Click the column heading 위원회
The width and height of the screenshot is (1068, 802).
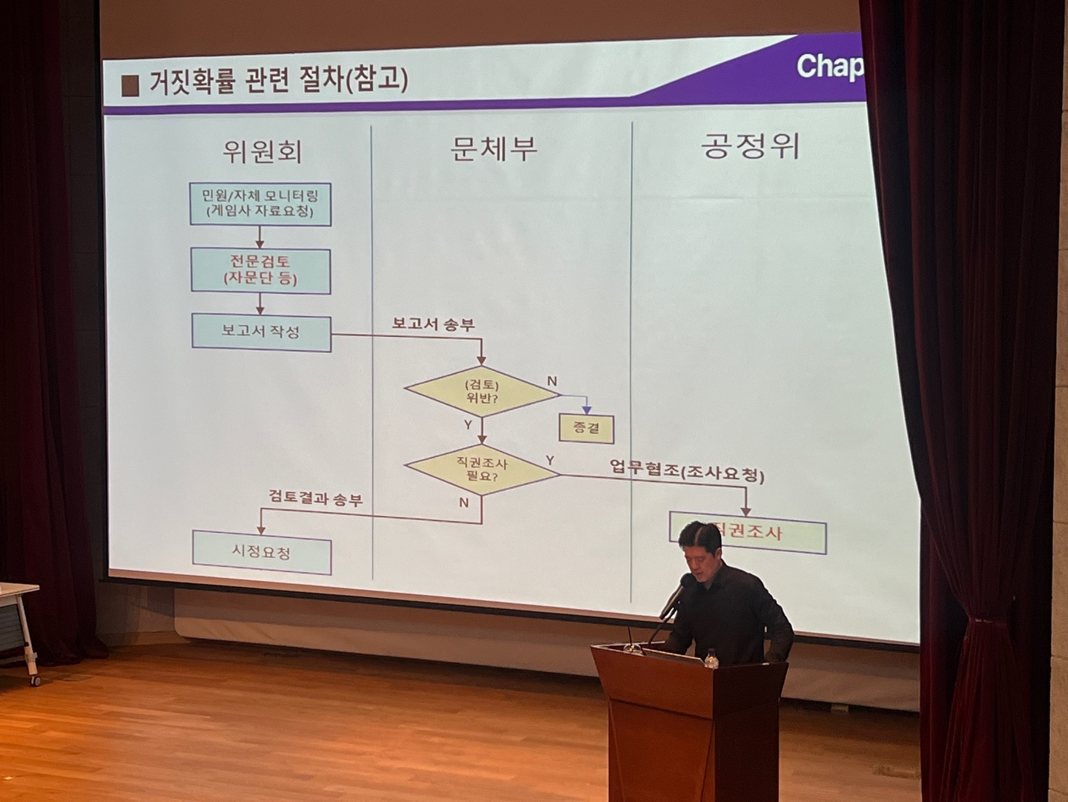[x=261, y=152]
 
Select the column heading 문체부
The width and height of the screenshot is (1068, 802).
[x=493, y=148]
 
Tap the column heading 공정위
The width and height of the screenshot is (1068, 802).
[x=750, y=146]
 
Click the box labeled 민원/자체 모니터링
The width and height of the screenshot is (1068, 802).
[x=260, y=204]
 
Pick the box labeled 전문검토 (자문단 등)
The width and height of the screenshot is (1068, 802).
[x=260, y=271]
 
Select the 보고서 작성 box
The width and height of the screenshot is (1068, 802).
[x=260, y=331]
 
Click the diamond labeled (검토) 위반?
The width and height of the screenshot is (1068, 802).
[x=481, y=392]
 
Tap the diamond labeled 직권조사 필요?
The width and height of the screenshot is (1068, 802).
[x=481, y=470]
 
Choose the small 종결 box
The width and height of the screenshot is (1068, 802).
[x=586, y=427]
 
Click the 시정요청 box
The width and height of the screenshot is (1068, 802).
[x=261, y=552]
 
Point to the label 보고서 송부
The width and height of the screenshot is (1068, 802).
[x=433, y=324]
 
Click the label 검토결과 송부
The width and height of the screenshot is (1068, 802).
[x=315, y=499]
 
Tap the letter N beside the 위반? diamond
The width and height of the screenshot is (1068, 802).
[x=552, y=381]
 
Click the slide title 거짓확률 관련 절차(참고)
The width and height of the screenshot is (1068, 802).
[x=278, y=80]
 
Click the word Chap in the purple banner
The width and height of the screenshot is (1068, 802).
[x=829, y=67]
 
